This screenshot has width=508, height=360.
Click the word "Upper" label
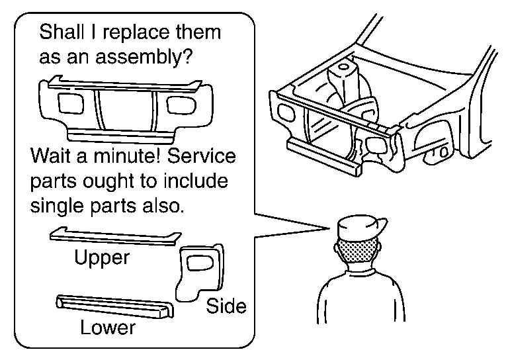click(101, 257)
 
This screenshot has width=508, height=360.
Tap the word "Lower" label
click(107, 327)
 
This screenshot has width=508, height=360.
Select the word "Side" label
click(226, 306)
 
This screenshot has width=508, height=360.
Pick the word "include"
click(196, 181)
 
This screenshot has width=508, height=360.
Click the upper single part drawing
click(114, 238)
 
